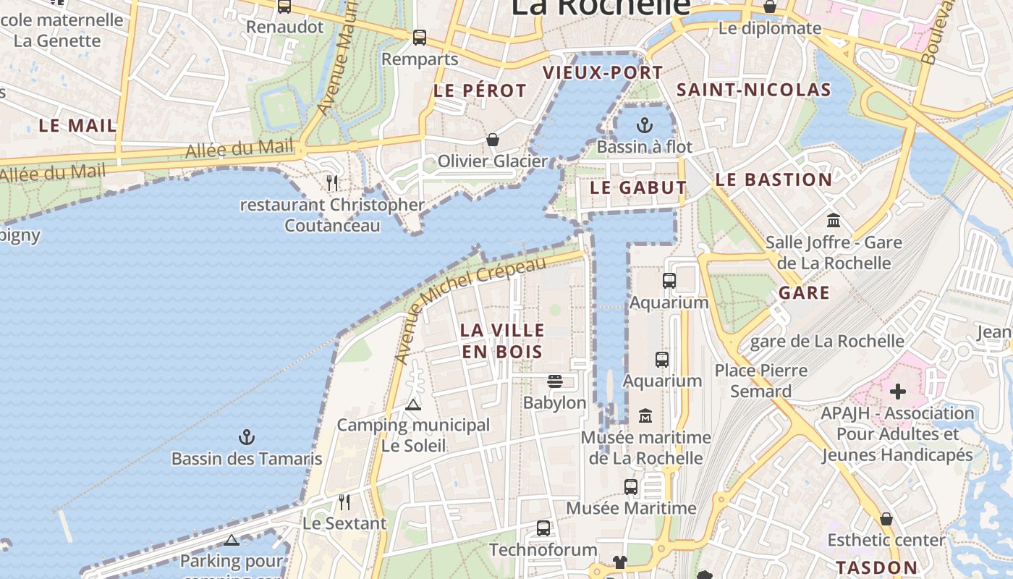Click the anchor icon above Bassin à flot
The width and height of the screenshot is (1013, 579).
point(644,126)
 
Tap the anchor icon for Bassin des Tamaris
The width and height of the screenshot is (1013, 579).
point(247,437)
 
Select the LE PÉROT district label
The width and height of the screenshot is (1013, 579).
point(480,91)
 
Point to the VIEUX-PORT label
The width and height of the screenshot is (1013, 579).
point(603,72)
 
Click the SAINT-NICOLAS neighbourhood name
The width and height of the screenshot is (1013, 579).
point(753,90)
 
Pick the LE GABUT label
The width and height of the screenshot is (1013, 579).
point(638,187)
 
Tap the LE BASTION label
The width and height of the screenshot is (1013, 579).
point(773,180)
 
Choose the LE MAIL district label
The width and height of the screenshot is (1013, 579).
point(77,125)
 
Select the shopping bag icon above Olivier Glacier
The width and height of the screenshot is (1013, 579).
point(493,139)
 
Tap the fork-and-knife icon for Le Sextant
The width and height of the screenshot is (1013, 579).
point(344,502)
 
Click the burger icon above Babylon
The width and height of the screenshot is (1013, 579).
point(555,381)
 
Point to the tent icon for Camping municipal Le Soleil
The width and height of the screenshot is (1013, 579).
point(413,404)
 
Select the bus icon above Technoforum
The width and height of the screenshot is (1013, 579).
point(543,528)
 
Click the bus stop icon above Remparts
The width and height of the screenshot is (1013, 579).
point(420,38)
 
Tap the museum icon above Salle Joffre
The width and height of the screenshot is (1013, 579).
point(834,220)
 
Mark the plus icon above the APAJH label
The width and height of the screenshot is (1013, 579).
point(898,392)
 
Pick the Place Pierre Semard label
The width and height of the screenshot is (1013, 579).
point(760,381)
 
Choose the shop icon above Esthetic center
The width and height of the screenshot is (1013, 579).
point(886,519)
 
